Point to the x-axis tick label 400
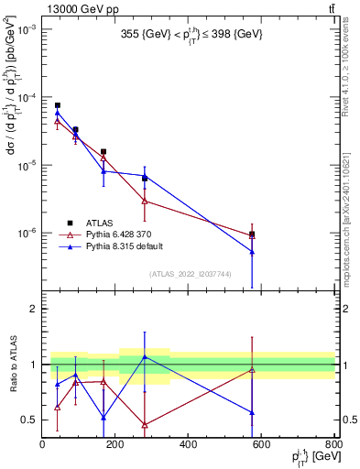tap(189, 445)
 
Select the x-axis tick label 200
tap(115, 445)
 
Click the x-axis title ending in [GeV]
tap(307, 457)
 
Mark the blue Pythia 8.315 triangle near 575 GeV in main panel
tap(252, 251)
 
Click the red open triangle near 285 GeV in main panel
tap(145, 200)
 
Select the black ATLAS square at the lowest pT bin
tap(57, 105)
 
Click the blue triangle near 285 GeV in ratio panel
tap(145, 356)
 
